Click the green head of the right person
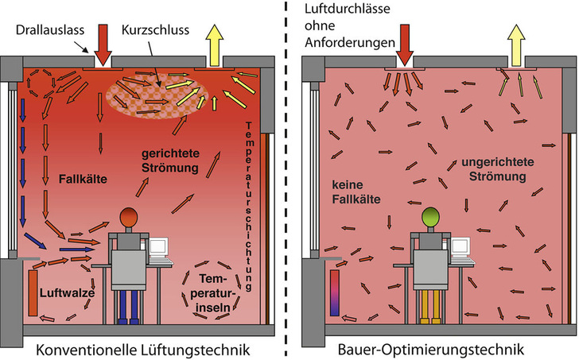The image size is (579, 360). (432, 216)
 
